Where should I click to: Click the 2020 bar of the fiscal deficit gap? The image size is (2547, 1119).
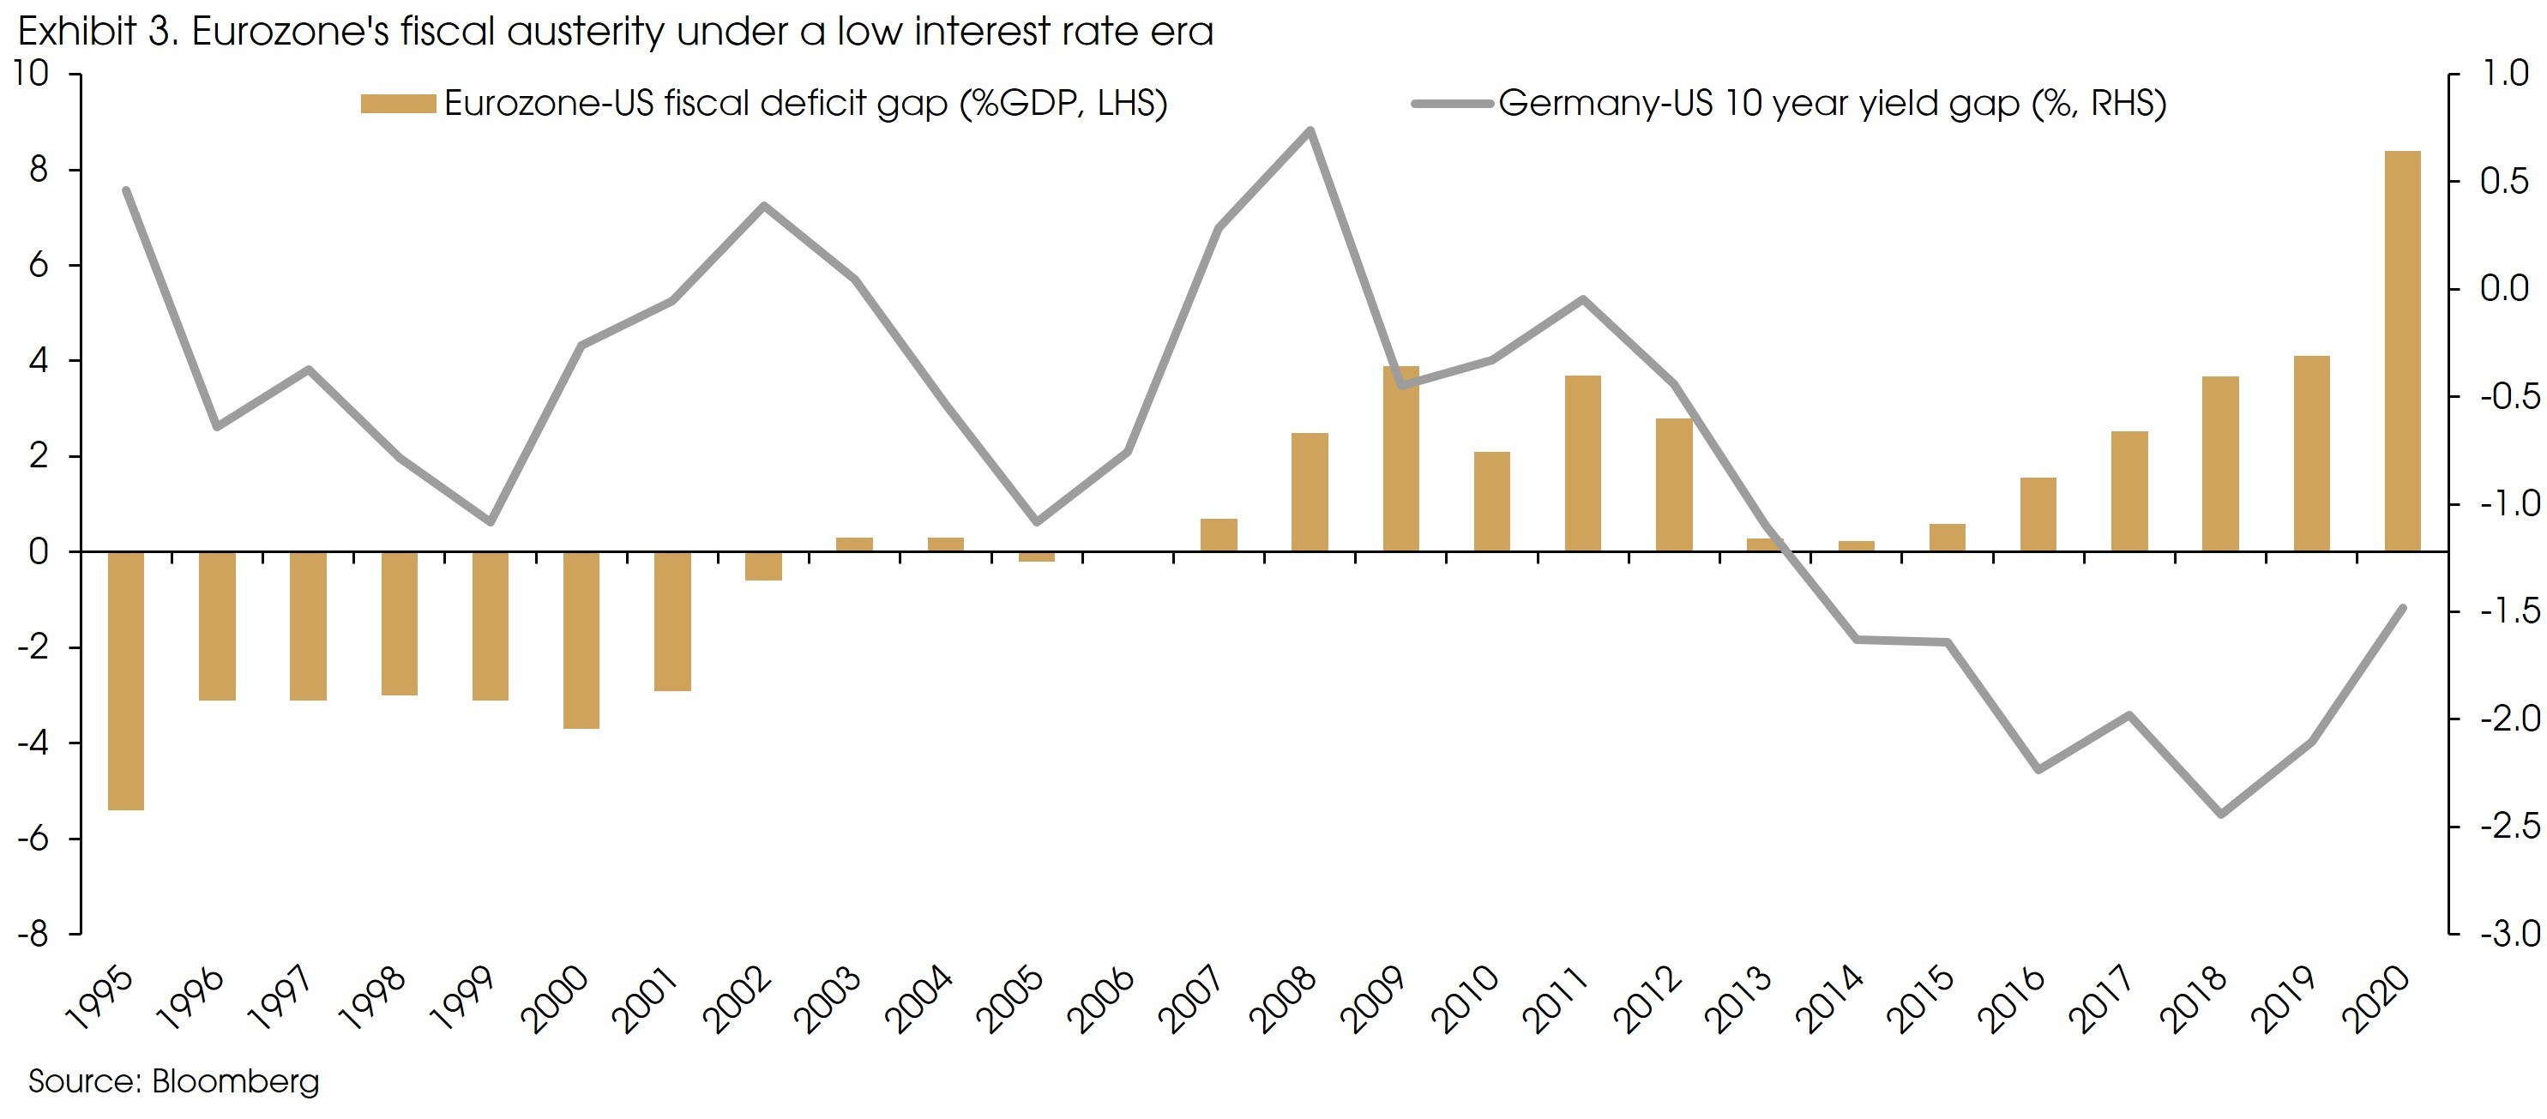point(2402,351)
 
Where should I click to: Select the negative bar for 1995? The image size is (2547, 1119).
point(125,681)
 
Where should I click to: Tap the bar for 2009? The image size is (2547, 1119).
point(1400,459)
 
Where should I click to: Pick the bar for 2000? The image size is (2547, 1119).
point(581,641)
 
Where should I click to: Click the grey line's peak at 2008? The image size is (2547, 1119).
point(1310,130)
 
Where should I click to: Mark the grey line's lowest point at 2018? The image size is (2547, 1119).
point(2221,815)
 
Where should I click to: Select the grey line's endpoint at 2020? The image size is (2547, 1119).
point(2403,608)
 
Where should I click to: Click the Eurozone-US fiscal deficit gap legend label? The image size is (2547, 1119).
point(805,104)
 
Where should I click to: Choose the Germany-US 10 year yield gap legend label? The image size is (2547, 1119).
point(1831,104)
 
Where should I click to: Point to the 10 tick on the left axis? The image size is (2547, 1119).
point(32,74)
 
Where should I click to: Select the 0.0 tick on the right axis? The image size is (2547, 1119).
point(2504,289)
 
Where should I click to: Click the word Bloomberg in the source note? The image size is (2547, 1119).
point(235,1081)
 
